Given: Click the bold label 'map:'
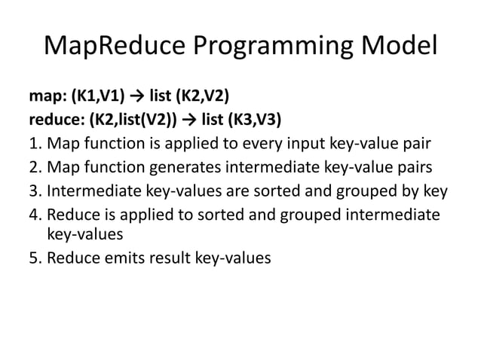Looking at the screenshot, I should coord(47,98).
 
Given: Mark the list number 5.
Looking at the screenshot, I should coord(33,257).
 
